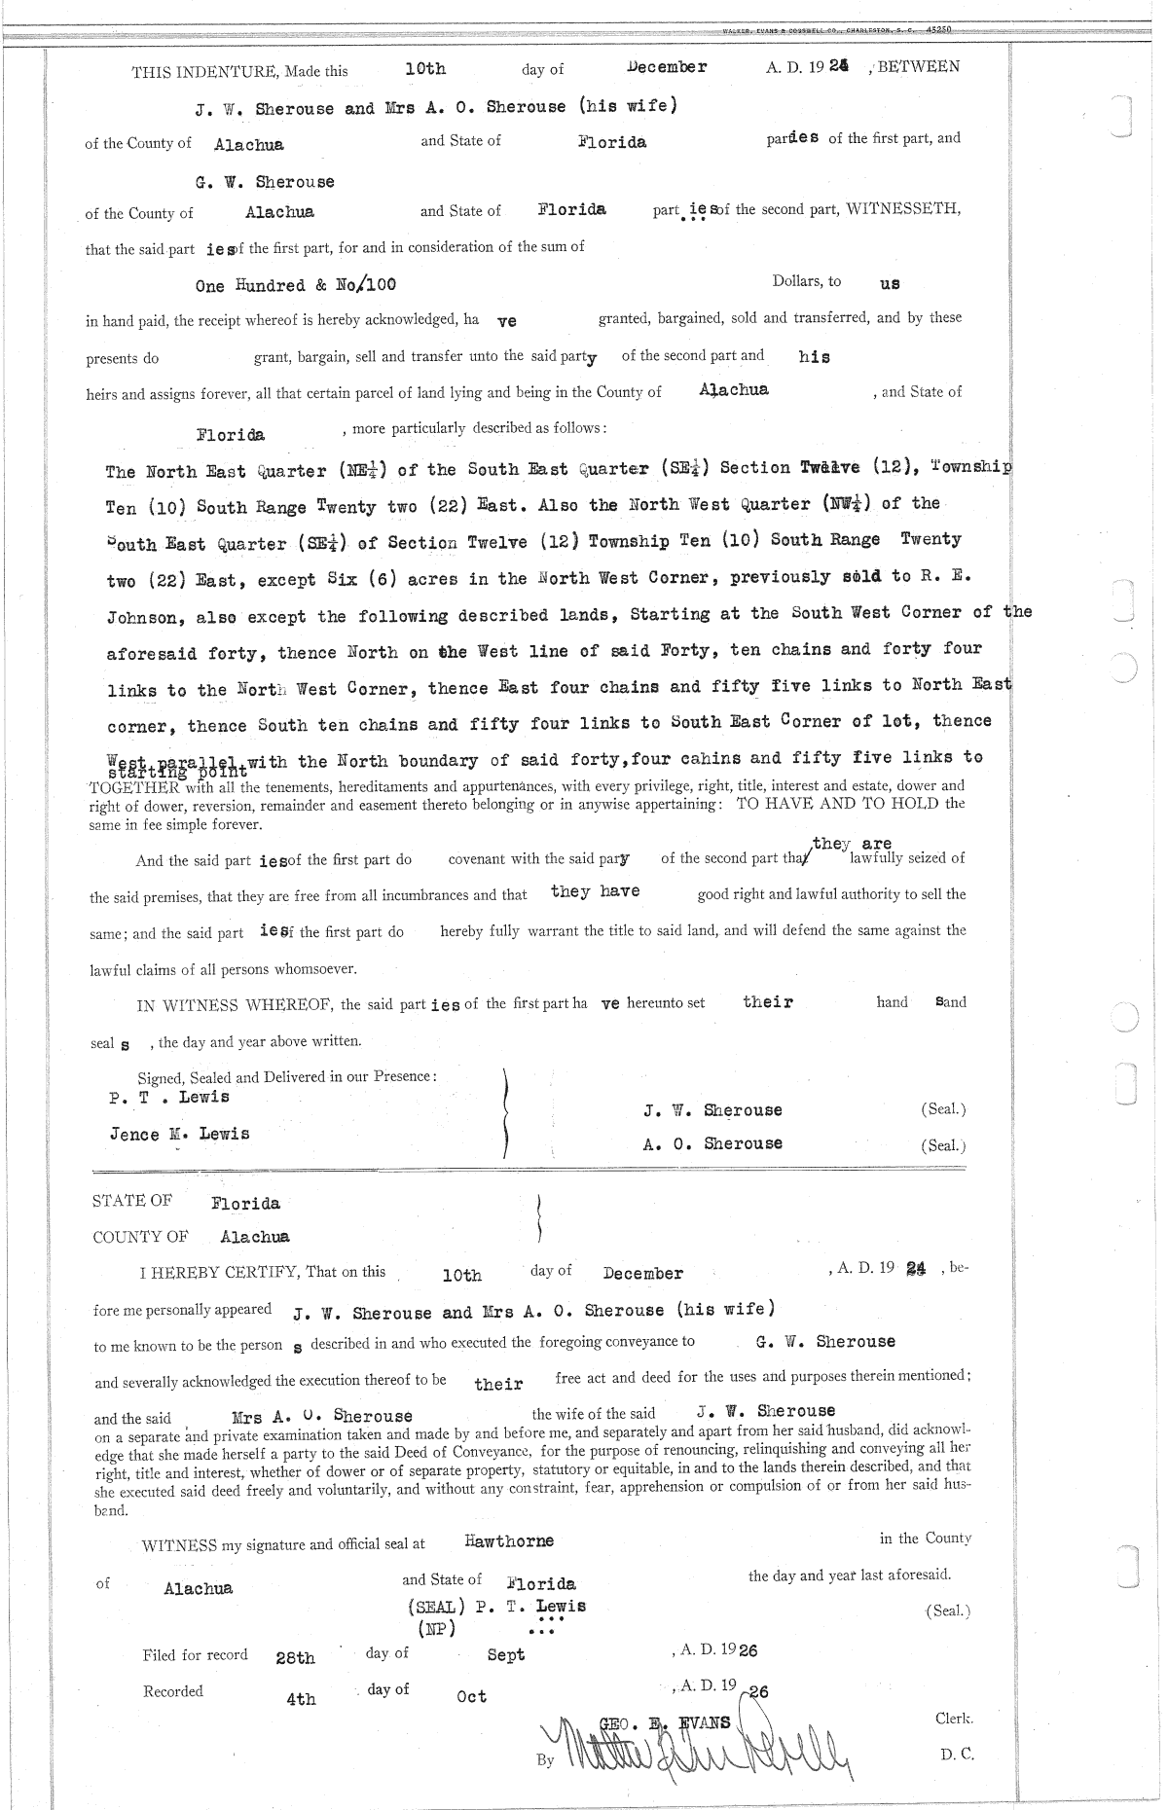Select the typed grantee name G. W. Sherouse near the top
click(264, 182)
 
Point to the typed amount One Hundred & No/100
click(295, 285)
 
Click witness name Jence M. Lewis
click(179, 1134)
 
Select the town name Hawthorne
click(509, 1541)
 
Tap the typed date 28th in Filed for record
click(295, 1657)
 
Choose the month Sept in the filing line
click(505, 1655)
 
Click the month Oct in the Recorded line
click(471, 1696)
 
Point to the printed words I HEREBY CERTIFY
click(219, 1272)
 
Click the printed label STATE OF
click(132, 1201)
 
